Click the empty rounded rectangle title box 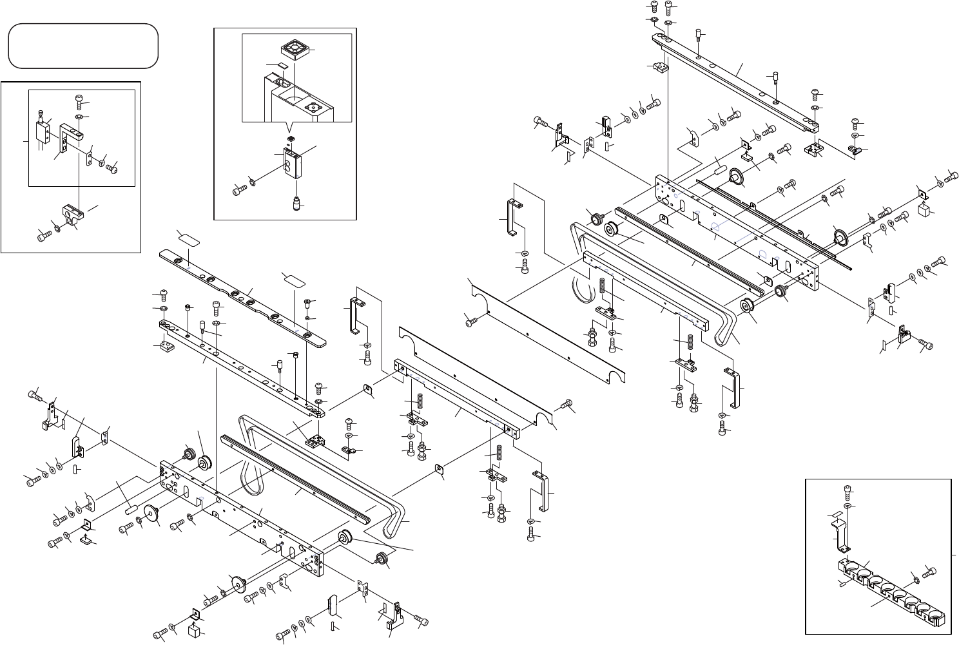pyautogui.click(x=82, y=46)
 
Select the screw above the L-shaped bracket pyautogui.click(x=79, y=101)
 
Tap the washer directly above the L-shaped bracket pyautogui.click(x=79, y=117)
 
